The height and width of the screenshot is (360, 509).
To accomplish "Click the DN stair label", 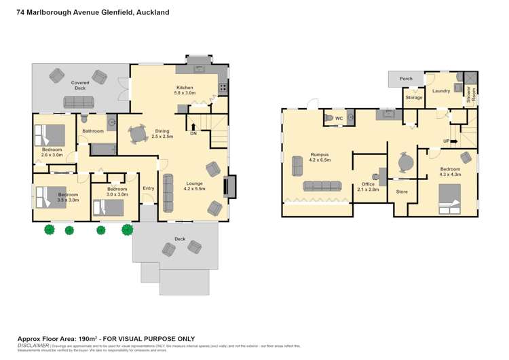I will [193, 134].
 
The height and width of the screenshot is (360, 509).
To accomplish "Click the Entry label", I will [148, 189].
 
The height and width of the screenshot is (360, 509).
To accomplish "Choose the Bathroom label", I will [93, 131].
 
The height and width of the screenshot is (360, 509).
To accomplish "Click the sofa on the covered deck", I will [79, 103].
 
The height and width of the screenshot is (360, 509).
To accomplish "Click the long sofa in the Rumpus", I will [322, 186].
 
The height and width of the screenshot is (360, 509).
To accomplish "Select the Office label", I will [369, 184].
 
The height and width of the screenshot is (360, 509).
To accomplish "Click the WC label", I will [339, 118].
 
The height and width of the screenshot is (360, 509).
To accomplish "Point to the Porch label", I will [406, 79].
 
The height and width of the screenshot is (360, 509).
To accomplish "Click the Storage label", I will [414, 98].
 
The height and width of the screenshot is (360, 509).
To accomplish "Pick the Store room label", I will [402, 192].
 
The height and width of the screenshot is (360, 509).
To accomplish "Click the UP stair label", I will [446, 141].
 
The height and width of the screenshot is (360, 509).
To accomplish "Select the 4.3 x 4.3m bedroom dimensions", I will [450, 175].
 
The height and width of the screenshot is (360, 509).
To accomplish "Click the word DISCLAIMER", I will [32, 345].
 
